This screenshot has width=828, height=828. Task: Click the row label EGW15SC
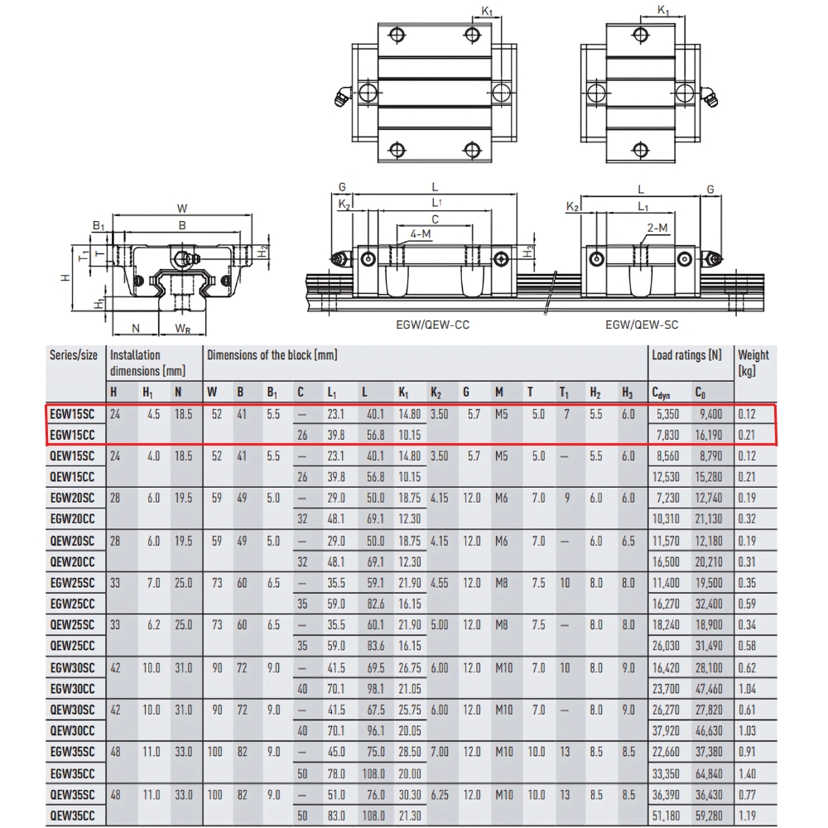(73, 413)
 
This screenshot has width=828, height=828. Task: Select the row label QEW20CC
(73, 561)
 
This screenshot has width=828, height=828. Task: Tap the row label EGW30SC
(73, 667)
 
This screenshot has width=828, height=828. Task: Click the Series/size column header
(74, 355)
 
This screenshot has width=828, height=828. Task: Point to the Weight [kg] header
(753, 362)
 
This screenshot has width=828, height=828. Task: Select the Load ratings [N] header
(686, 355)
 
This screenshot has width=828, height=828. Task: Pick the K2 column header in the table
(436, 393)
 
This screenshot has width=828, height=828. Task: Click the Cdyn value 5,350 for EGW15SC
(667, 413)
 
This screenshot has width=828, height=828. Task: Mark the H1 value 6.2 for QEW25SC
(152, 624)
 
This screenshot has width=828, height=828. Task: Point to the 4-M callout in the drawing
(420, 234)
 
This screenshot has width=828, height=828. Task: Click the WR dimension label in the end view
(183, 329)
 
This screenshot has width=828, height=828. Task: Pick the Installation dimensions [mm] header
(147, 362)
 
